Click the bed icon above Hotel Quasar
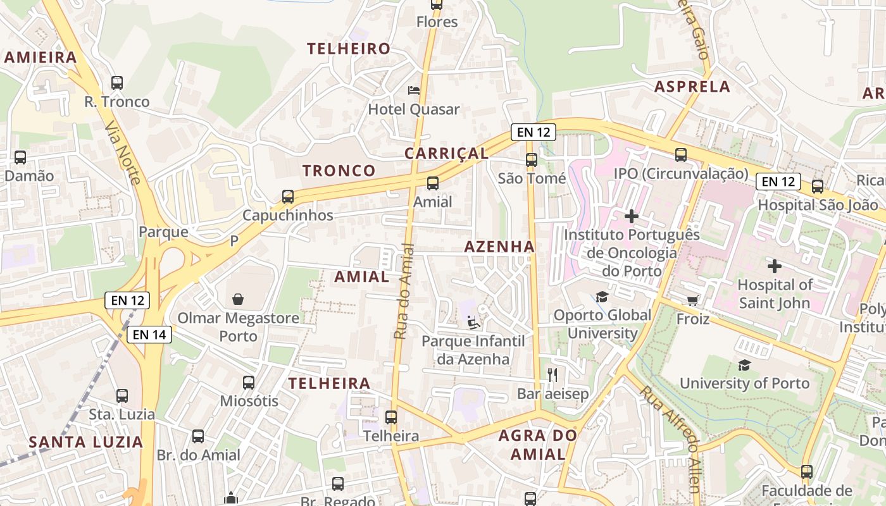(x=414, y=90)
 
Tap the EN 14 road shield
(x=149, y=335)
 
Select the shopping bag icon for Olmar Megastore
(x=238, y=299)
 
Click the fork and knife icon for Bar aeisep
(x=552, y=375)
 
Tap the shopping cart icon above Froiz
(x=693, y=300)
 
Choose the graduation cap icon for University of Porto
(x=744, y=365)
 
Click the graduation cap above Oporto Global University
(x=601, y=297)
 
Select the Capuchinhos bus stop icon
(x=288, y=197)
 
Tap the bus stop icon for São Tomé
(x=532, y=160)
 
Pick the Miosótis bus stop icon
(x=249, y=382)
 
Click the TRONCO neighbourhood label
(x=339, y=171)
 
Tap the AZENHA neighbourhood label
(x=499, y=247)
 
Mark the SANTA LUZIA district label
(x=86, y=441)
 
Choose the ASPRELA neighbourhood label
(x=692, y=87)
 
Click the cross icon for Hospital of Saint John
(x=774, y=266)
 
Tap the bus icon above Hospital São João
(x=818, y=187)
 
